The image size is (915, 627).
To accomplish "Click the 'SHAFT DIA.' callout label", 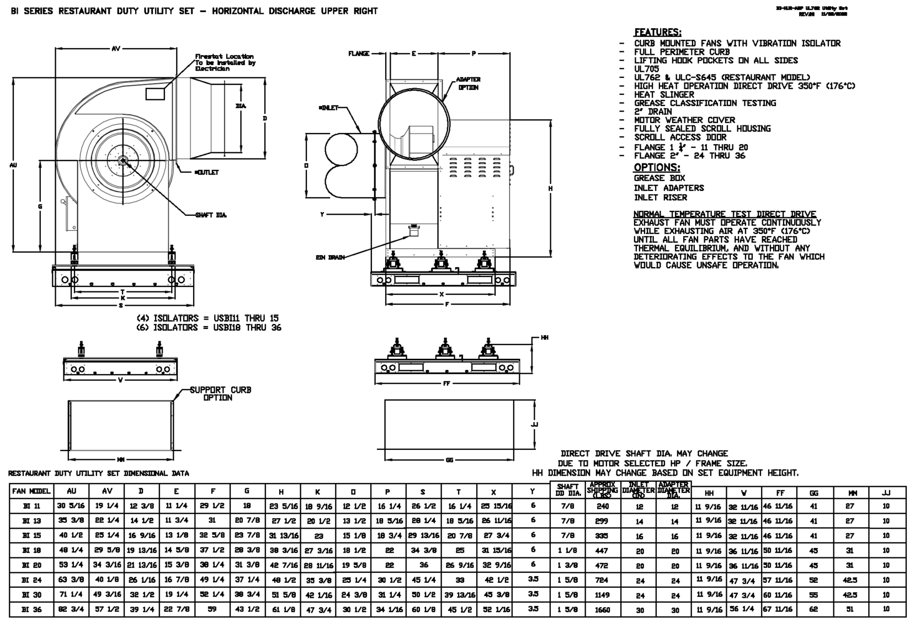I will tap(211, 215).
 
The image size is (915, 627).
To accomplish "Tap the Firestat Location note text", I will tap(224, 62).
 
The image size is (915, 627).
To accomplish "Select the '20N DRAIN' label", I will tap(330, 258).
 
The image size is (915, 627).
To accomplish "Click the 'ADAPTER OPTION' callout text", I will tap(468, 83).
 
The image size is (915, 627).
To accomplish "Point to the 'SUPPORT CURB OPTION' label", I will tap(220, 394).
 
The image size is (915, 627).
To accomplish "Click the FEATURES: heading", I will tap(657, 33).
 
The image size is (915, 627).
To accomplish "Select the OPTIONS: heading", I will tap(657, 167).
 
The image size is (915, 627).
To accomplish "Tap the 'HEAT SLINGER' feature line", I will tap(664, 94).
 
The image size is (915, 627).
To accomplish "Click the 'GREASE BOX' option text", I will tap(659, 178).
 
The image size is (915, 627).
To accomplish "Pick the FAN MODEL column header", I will tap(31, 491).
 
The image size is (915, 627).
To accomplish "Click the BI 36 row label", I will tap(31, 609).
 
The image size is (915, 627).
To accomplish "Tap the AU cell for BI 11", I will tap(71, 506).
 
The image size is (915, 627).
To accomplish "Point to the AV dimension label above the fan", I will tap(116, 49).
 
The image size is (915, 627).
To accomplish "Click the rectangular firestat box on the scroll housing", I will tap(155, 94).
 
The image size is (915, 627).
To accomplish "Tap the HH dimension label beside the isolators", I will tap(544, 337).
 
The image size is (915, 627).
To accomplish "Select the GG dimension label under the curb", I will tap(449, 460).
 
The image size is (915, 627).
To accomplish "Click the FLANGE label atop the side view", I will tap(359, 54).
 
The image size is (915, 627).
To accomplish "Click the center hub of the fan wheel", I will tap(122, 161).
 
